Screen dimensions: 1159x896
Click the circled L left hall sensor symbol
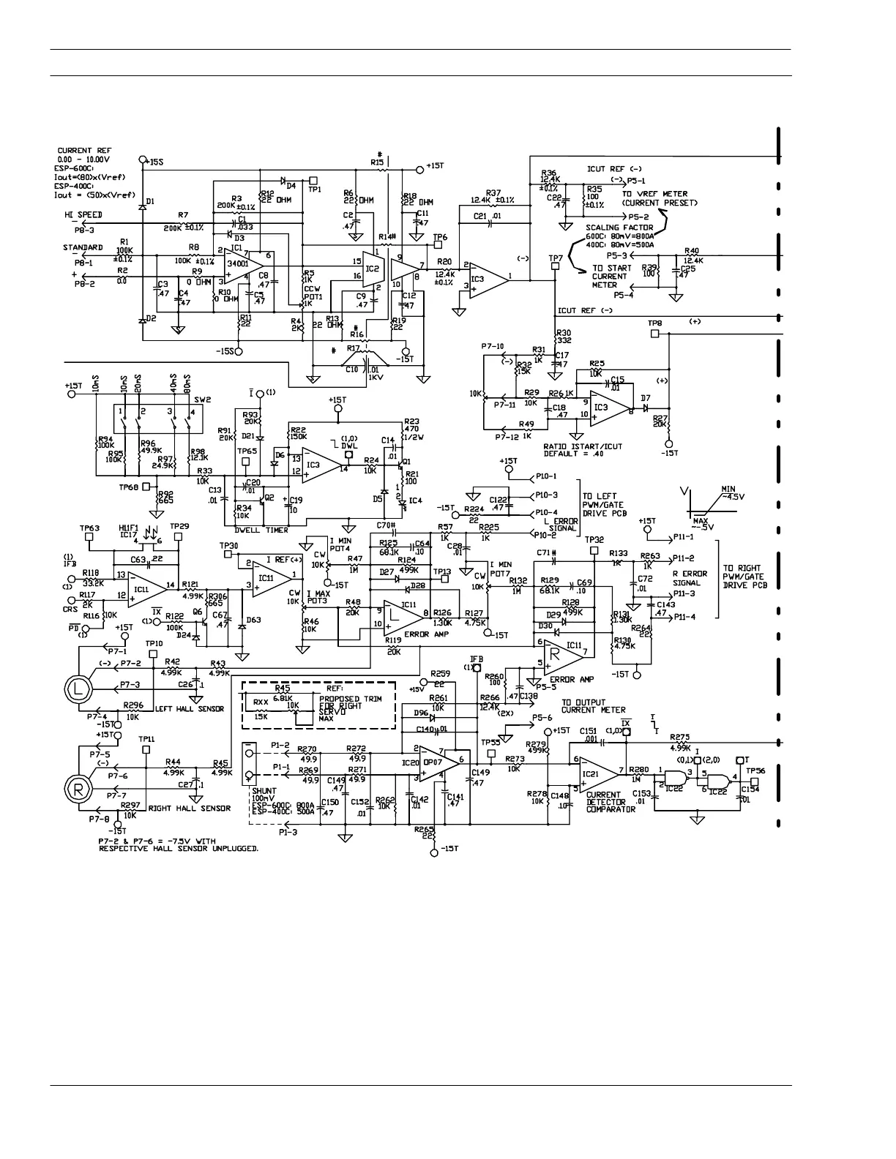[77, 688]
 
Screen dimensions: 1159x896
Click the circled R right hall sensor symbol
[77, 788]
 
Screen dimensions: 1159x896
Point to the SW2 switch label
[202, 400]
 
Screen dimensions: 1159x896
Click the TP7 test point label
[556, 258]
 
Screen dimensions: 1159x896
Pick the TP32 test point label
[594, 539]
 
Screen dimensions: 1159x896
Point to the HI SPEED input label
[82, 214]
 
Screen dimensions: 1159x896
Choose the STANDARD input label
[82, 247]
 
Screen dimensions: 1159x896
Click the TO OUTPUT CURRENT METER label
[593, 705]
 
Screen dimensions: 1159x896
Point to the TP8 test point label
[654, 323]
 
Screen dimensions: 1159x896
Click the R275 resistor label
[680, 738]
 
